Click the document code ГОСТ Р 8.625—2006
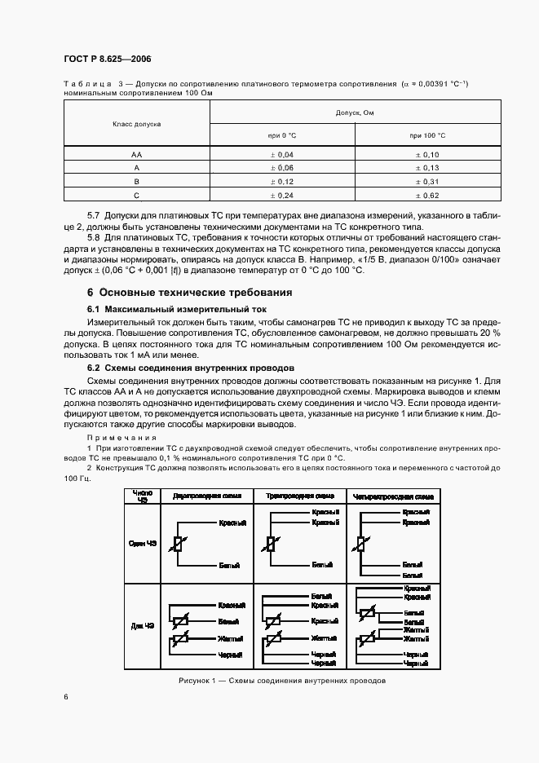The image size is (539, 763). pyautogui.click(x=106, y=60)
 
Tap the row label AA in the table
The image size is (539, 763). pyautogui.click(x=136, y=153)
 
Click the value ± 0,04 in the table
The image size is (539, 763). pyautogui.click(x=281, y=153)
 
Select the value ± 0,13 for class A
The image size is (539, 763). pyautogui.click(x=427, y=167)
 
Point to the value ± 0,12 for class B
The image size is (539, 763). pyautogui.click(x=281, y=181)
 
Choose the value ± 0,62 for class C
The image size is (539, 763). pyautogui.click(x=427, y=196)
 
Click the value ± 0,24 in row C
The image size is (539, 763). pyautogui.click(x=281, y=196)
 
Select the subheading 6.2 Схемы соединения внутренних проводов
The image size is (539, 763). pyautogui.click(x=184, y=368)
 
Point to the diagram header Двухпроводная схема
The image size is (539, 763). pyautogui.click(x=206, y=496)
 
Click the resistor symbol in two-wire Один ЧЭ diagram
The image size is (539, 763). pyautogui.click(x=177, y=545)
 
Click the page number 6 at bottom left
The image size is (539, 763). pyautogui.click(x=65, y=697)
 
